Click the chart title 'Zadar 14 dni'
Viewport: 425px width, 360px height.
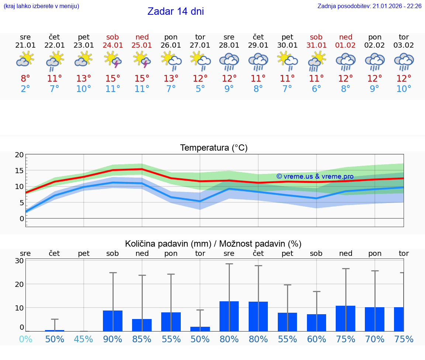pos(176,11)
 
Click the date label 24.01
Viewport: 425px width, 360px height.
pos(113,45)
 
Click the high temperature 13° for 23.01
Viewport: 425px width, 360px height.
pos(84,79)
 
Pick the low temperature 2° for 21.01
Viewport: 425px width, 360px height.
pos(25,89)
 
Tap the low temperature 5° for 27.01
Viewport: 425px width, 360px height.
pos(200,89)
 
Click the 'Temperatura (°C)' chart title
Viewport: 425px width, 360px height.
pos(214,148)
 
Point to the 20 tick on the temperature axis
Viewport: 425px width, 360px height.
pos(20,155)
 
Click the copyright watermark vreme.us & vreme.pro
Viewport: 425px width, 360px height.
pos(315,176)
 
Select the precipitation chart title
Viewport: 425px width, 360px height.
pos(213,244)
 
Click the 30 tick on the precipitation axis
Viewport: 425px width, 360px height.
pos(20,261)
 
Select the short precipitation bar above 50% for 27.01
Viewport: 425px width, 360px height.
pos(200,329)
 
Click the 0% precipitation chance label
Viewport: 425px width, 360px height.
pos(25,339)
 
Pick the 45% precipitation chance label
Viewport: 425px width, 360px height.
pos(84,339)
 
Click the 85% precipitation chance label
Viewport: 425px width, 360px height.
pos(142,339)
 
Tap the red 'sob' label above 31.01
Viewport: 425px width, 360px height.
pos(316,37)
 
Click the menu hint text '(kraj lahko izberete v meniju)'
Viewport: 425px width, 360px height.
pos(41,6)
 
